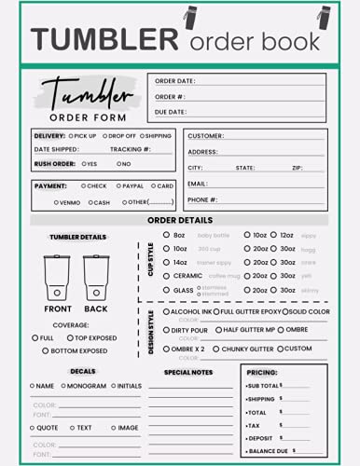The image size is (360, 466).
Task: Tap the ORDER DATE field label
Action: pos(174,81)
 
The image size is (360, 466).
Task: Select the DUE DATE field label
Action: pos(172,111)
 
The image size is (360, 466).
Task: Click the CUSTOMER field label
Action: pos(205,136)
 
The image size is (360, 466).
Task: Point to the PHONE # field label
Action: pos(202,199)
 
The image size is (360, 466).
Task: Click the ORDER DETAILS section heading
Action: pos(180,221)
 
